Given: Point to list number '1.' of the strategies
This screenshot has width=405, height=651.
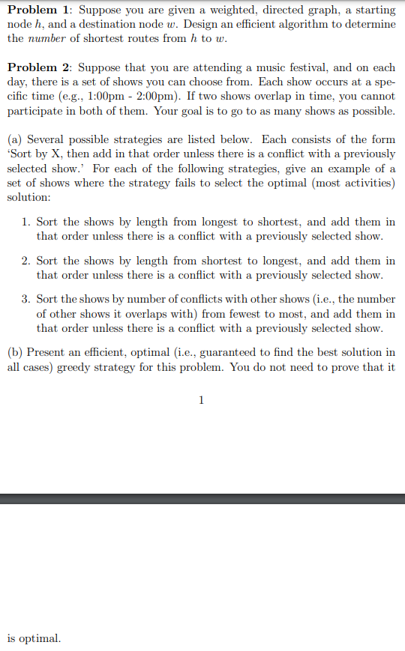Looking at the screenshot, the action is tap(26, 222).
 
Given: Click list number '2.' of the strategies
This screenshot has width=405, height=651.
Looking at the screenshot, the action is tap(26, 261).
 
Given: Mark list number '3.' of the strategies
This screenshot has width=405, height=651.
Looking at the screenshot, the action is tap(26, 300).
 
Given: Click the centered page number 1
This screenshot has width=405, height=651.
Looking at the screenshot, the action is tap(201, 400).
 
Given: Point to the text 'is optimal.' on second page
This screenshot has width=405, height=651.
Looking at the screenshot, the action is tap(34, 638).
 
